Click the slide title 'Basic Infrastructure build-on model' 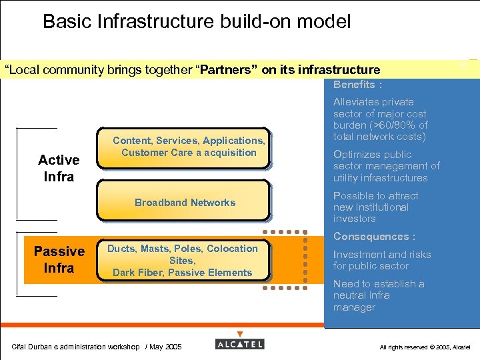click(196, 21)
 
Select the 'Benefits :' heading click(358, 85)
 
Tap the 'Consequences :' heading click(374, 237)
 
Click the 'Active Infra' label click(59, 168)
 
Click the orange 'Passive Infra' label click(59, 259)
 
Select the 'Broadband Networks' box click(185, 203)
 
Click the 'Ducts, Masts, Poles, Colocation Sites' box click(182, 255)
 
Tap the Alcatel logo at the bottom click(240, 344)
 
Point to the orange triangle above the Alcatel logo click(240, 333)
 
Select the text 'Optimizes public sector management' click(386, 166)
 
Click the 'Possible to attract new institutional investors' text click(375, 207)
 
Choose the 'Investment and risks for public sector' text click(381, 260)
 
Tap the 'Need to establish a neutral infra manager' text click(378, 295)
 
